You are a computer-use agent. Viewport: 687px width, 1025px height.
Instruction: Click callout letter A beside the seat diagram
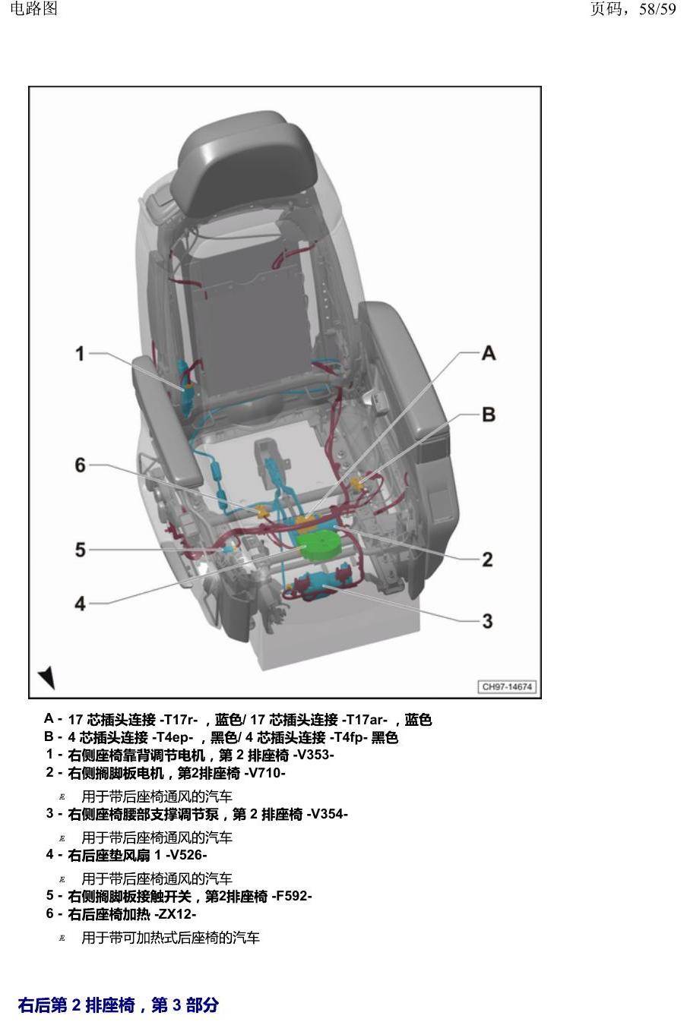click(x=489, y=353)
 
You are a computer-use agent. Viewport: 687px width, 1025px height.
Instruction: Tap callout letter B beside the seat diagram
click(x=489, y=415)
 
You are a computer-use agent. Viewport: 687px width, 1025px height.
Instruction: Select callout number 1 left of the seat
click(x=80, y=354)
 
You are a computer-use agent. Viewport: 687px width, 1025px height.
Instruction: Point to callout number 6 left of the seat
click(x=80, y=465)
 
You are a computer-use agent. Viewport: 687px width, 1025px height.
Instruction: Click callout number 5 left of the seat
click(x=80, y=550)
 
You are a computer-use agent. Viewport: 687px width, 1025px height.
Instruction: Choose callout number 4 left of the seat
click(x=80, y=604)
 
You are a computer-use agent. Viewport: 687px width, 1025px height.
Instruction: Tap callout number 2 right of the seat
click(x=487, y=559)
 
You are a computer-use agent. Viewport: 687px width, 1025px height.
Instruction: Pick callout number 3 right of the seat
click(x=487, y=621)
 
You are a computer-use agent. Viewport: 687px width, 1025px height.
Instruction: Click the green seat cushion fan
click(x=321, y=547)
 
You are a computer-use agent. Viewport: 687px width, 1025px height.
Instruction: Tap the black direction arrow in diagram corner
click(x=46, y=677)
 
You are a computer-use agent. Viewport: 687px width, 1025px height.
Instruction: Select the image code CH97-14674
click(x=507, y=687)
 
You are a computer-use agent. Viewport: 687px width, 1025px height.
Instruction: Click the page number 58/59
click(x=657, y=8)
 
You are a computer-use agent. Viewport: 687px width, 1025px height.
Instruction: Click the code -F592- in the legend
click(x=291, y=895)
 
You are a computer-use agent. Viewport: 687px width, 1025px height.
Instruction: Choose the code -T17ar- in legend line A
click(x=365, y=720)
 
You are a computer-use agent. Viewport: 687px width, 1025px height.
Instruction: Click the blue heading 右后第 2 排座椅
click(x=77, y=1004)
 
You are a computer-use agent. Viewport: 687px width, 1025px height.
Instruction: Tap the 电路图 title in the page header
click(x=34, y=8)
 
